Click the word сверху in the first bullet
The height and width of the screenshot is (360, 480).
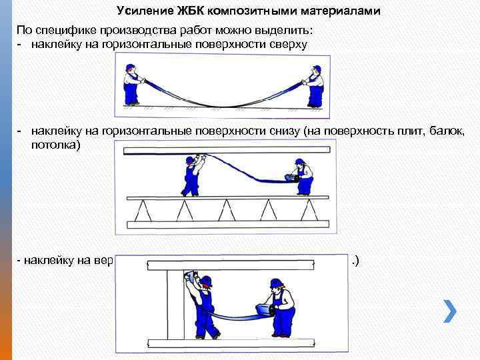click(x=283, y=44)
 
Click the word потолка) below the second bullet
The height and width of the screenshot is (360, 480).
click(x=56, y=143)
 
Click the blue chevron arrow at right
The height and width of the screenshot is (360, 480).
click(x=450, y=311)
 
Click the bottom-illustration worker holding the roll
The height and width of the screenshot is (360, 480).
click(x=276, y=309)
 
